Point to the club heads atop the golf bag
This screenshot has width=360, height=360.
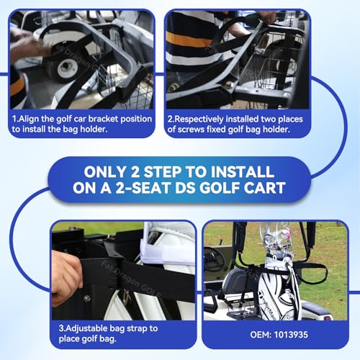click(278, 238)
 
